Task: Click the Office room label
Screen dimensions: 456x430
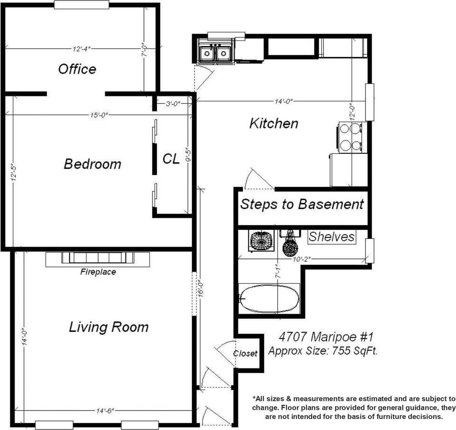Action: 77,69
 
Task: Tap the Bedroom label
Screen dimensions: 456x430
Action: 93,164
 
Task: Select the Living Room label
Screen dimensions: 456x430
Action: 109,327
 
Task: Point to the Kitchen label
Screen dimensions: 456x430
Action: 274,123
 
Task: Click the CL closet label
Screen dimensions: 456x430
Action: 171,159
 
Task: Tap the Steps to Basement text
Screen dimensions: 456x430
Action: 302,204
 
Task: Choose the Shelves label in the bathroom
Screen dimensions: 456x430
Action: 331,237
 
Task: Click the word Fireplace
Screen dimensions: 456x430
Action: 98,272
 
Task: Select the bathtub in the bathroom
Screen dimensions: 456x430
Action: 269,299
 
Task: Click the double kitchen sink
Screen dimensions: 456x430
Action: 215,53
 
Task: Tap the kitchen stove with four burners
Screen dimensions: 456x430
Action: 351,137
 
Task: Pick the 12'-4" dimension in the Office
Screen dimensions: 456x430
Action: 82,49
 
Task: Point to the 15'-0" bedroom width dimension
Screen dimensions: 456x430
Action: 99,115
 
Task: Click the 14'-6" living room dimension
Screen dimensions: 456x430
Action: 105,411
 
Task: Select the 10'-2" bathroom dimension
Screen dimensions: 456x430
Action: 302,259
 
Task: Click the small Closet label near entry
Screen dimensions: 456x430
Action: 245,354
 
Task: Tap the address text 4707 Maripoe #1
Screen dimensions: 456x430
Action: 326,337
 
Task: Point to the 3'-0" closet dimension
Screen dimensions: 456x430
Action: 173,104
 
